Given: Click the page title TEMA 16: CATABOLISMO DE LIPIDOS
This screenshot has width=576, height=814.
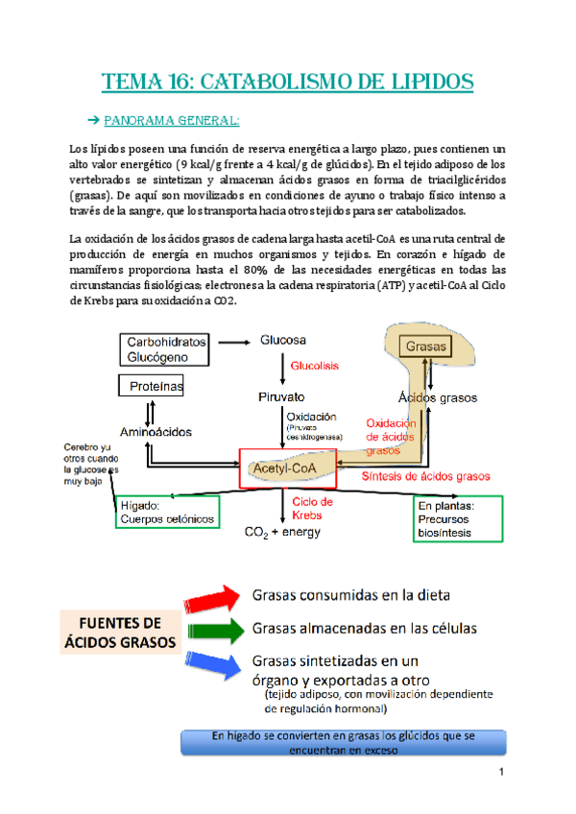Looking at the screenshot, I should coord(288,81).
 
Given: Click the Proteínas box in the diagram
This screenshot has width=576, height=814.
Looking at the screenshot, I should coord(151,386).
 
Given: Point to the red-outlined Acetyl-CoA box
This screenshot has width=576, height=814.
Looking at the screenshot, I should coord(288,468).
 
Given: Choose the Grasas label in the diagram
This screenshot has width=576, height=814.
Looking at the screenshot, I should coord(423,346).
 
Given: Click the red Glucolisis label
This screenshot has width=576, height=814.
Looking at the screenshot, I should coord(314,366).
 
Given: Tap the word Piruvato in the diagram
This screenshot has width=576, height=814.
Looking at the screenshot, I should coord(281,396).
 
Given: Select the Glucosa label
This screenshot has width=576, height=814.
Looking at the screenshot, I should coord(283,340).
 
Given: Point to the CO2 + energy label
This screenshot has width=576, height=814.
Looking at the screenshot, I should coord(283,532).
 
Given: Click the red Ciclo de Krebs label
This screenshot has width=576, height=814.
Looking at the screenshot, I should coord(312,509).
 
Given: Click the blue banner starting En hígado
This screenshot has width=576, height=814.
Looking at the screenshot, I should coord(343,742).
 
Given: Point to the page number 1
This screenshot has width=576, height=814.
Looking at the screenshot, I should coord(501,774).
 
